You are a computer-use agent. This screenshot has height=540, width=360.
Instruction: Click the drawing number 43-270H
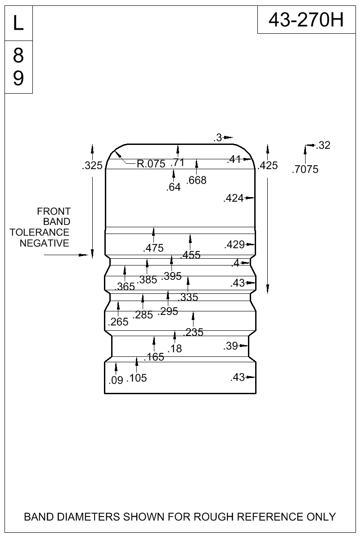306,20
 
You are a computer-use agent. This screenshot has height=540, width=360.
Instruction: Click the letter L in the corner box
18,23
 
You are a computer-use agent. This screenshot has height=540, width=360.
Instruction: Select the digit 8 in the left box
18,55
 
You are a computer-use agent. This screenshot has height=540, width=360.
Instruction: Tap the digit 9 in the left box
18,78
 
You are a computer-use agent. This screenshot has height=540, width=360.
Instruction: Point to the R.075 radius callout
151,164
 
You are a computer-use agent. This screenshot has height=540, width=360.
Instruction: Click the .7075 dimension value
305,169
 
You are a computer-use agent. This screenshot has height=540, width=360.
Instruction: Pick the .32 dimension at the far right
323,145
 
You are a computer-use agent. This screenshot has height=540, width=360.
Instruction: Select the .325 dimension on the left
92,166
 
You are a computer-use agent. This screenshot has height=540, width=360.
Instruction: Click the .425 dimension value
268,166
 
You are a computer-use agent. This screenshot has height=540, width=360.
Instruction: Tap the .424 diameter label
234,198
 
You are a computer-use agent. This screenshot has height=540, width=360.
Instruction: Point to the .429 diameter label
234,245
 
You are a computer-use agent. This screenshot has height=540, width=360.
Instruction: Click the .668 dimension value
196,180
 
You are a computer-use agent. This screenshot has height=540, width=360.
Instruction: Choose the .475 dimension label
153,248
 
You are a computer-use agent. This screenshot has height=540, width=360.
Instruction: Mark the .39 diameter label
231,346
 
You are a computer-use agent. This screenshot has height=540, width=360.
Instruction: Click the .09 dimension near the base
116,380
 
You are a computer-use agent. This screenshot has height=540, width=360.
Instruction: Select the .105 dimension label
137,378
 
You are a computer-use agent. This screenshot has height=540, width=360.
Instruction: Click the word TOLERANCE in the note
40,232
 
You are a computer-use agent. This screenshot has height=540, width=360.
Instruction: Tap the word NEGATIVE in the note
45,243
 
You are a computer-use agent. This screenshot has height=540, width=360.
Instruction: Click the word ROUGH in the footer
214,517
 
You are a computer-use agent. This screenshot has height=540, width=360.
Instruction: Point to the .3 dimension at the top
218,138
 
